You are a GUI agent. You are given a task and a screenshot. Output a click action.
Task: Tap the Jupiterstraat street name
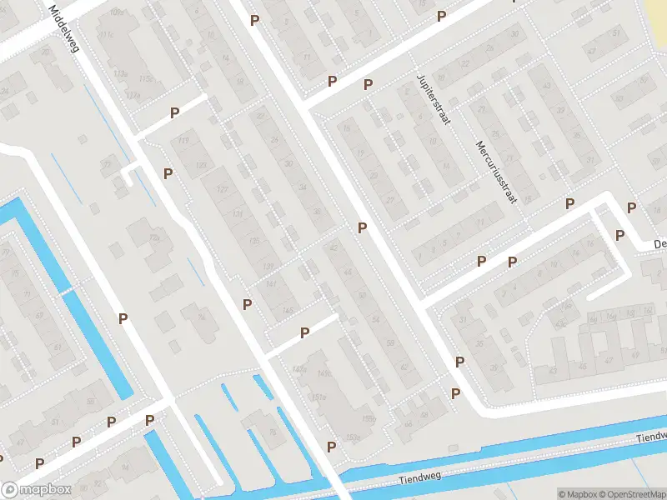[x=433, y=99]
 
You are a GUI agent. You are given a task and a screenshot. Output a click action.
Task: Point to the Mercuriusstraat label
[x=498, y=172]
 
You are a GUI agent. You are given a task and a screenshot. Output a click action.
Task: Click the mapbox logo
[x=35, y=490]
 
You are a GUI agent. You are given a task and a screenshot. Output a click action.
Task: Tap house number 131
[x=238, y=214]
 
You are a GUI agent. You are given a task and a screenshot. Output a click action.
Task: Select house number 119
[x=183, y=139]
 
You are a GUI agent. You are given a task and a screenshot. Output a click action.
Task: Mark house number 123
[x=201, y=166]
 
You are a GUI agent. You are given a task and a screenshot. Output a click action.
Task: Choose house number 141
[x=271, y=284]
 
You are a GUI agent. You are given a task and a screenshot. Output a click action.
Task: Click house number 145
[x=288, y=310]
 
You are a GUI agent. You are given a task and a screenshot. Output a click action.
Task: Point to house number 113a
[x=121, y=74]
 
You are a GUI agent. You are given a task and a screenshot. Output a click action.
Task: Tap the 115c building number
[x=146, y=78]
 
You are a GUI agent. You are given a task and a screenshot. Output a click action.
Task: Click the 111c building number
[x=105, y=36]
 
